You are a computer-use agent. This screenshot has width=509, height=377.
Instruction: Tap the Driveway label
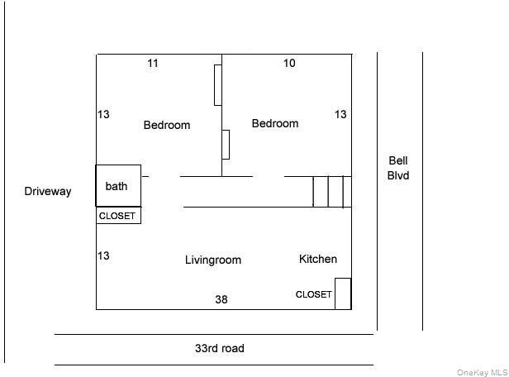click(x=48, y=191)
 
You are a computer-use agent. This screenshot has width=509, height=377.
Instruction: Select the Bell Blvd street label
click(x=398, y=168)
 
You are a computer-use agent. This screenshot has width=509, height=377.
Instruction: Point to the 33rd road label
click(x=220, y=348)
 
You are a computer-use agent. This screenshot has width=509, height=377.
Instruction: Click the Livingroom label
click(x=213, y=260)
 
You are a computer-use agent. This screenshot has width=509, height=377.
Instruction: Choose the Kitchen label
click(x=318, y=259)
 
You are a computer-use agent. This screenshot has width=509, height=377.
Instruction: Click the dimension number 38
click(x=221, y=299)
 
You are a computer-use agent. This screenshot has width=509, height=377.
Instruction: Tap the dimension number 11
click(x=153, y=63)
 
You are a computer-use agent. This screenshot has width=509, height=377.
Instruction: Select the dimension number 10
click(x=289, y=63)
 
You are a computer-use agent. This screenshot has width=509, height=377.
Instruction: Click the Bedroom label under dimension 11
click(x=167, y=125)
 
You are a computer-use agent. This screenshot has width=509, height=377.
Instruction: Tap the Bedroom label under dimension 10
click(x=275, y=123)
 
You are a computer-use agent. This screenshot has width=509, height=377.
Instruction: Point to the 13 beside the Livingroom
click(x=103, y=255)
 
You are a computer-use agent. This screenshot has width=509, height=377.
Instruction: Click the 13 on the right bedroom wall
click(x=340, y=114)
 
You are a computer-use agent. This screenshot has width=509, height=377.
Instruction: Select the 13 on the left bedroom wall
click(x=103, y=114)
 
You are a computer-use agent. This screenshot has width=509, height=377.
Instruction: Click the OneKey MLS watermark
click(x=482, y=372)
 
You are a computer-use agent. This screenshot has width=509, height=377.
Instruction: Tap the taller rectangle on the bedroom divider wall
click(x=214, y=85)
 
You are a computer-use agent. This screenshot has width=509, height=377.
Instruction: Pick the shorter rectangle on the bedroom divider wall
click(x=229, y=145)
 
